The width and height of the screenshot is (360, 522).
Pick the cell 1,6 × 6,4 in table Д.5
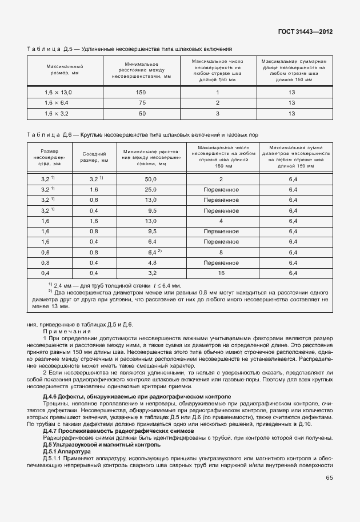[x=57, y=103]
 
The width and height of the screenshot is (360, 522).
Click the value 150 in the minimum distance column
[x=141, y=92]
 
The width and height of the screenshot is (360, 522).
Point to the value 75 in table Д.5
[x=141, y=103]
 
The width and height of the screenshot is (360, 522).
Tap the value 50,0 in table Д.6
[x=151, y=179]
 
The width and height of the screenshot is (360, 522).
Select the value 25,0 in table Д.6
[x=151, y=189]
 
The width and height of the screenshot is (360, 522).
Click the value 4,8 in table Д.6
[x=151, y=262]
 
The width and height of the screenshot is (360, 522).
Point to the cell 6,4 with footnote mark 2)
[x=153, y=252]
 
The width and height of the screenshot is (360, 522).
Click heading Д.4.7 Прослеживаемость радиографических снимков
[x=118, y=431]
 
